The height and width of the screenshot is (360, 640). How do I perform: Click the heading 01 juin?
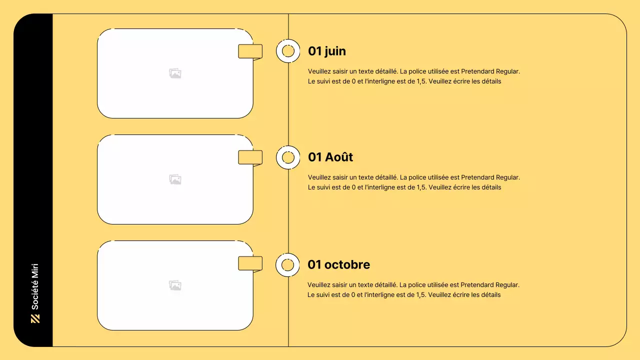pos(326,51)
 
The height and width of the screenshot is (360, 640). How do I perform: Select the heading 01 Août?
pos(330,157)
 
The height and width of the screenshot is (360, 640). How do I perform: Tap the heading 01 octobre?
pos(338,264)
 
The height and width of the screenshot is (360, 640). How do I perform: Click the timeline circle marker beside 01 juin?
pos(288,51)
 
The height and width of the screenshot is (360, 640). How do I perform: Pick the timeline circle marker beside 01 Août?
pos(288,157)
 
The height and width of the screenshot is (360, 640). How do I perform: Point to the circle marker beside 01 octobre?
pos(287,265)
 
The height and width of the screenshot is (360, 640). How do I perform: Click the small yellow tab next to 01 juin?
pos(250,51)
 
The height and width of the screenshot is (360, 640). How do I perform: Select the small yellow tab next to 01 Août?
pos(250,157)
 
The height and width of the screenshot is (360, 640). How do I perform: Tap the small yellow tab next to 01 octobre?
pos(250,263)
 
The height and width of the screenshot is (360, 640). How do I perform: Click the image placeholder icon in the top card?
pos(175,73)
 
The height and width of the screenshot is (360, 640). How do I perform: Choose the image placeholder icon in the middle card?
pos(175,179)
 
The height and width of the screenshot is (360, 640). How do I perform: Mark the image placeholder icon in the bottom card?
pos(175,285)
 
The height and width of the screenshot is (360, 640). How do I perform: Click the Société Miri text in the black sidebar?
pos(35,286)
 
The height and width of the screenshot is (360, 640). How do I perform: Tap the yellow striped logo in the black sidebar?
pos(35,318)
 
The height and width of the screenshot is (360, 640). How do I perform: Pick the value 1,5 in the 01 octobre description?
pos(420,295)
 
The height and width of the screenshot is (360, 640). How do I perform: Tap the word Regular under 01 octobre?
pos(507,285)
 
